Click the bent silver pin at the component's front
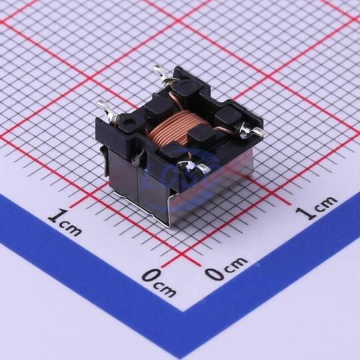coord(195,166)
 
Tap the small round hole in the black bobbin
coord(127,122)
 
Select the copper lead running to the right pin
coord(227,131)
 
